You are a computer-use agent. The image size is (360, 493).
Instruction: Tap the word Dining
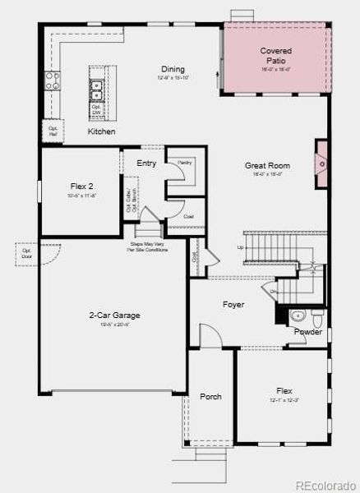173,70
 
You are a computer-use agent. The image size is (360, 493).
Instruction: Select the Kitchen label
102,131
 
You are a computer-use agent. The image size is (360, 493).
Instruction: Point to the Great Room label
267,166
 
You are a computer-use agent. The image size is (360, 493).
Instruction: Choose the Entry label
146,164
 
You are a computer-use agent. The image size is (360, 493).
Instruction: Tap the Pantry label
184,163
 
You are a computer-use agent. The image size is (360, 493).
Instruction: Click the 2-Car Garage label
114,316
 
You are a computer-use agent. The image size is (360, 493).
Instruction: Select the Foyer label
233,305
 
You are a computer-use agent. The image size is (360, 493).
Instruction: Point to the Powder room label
308,332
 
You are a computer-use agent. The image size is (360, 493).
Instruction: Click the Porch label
211,397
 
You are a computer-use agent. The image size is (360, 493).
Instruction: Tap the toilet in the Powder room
300,316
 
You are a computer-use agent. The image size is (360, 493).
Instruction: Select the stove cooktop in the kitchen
53,80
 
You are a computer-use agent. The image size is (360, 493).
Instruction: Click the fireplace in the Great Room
322,164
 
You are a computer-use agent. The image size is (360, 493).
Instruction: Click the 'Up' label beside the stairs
240,246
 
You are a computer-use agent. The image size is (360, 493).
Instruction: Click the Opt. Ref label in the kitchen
53,130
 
